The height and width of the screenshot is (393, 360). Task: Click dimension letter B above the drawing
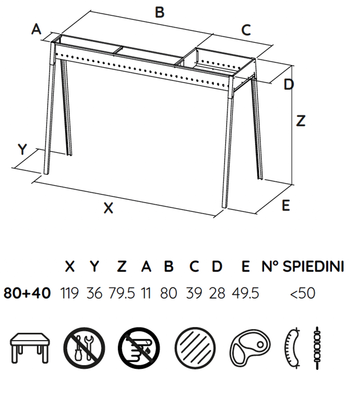click(160, 12)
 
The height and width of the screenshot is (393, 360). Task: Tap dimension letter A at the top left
click(37, 30)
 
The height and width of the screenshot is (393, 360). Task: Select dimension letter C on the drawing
click(246, 30)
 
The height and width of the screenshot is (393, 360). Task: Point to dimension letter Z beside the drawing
click(301, 121)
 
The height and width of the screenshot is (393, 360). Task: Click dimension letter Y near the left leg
click(23, 149)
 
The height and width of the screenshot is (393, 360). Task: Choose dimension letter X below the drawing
click(108, 208)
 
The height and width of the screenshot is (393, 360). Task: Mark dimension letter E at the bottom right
click(286, 206)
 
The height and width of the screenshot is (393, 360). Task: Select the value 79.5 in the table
click(122, 293)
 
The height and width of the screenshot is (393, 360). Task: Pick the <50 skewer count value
click(303, 293)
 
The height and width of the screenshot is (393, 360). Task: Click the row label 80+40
click(27, 293)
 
